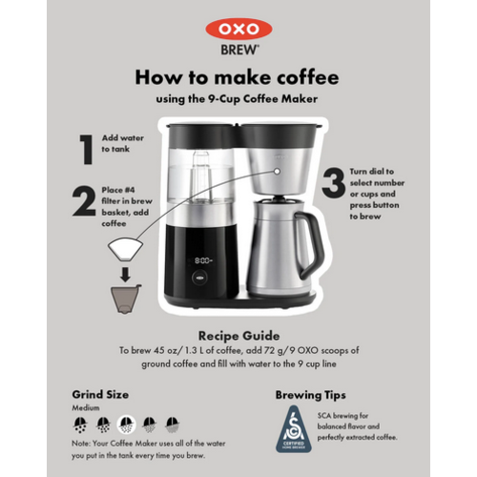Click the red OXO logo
tap(238, 30)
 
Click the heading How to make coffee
tap(238, 77)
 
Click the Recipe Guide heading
tap(238, 336)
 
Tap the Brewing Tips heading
tap(310, 394)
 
